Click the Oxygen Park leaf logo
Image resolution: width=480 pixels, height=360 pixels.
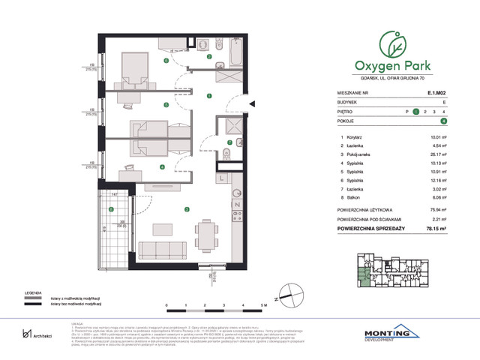coord(393,43)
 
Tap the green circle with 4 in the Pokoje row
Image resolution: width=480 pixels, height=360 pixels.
coord(444,120)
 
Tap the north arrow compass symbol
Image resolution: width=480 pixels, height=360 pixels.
coord(278,299)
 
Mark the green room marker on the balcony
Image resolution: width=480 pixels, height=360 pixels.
coord(111,211)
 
